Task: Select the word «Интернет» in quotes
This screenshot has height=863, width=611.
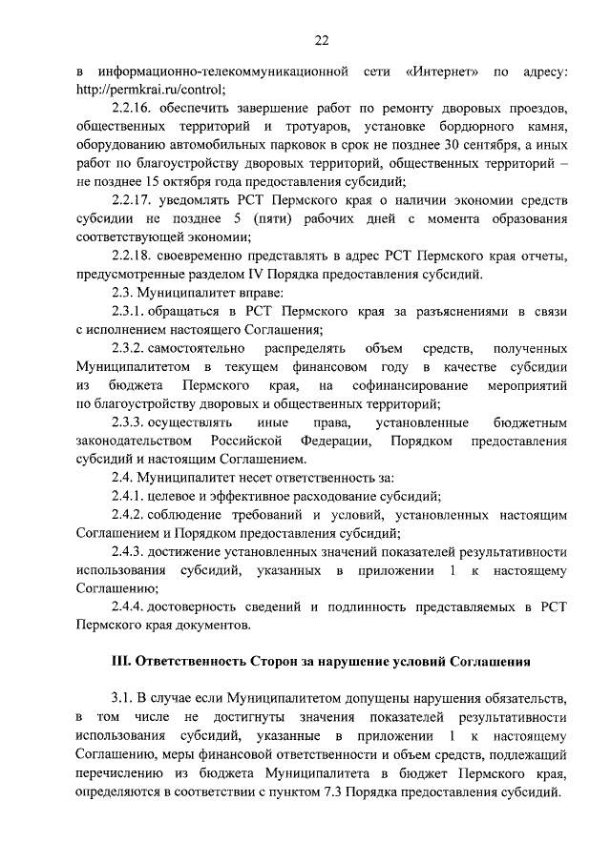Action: [x=441, y=72]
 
